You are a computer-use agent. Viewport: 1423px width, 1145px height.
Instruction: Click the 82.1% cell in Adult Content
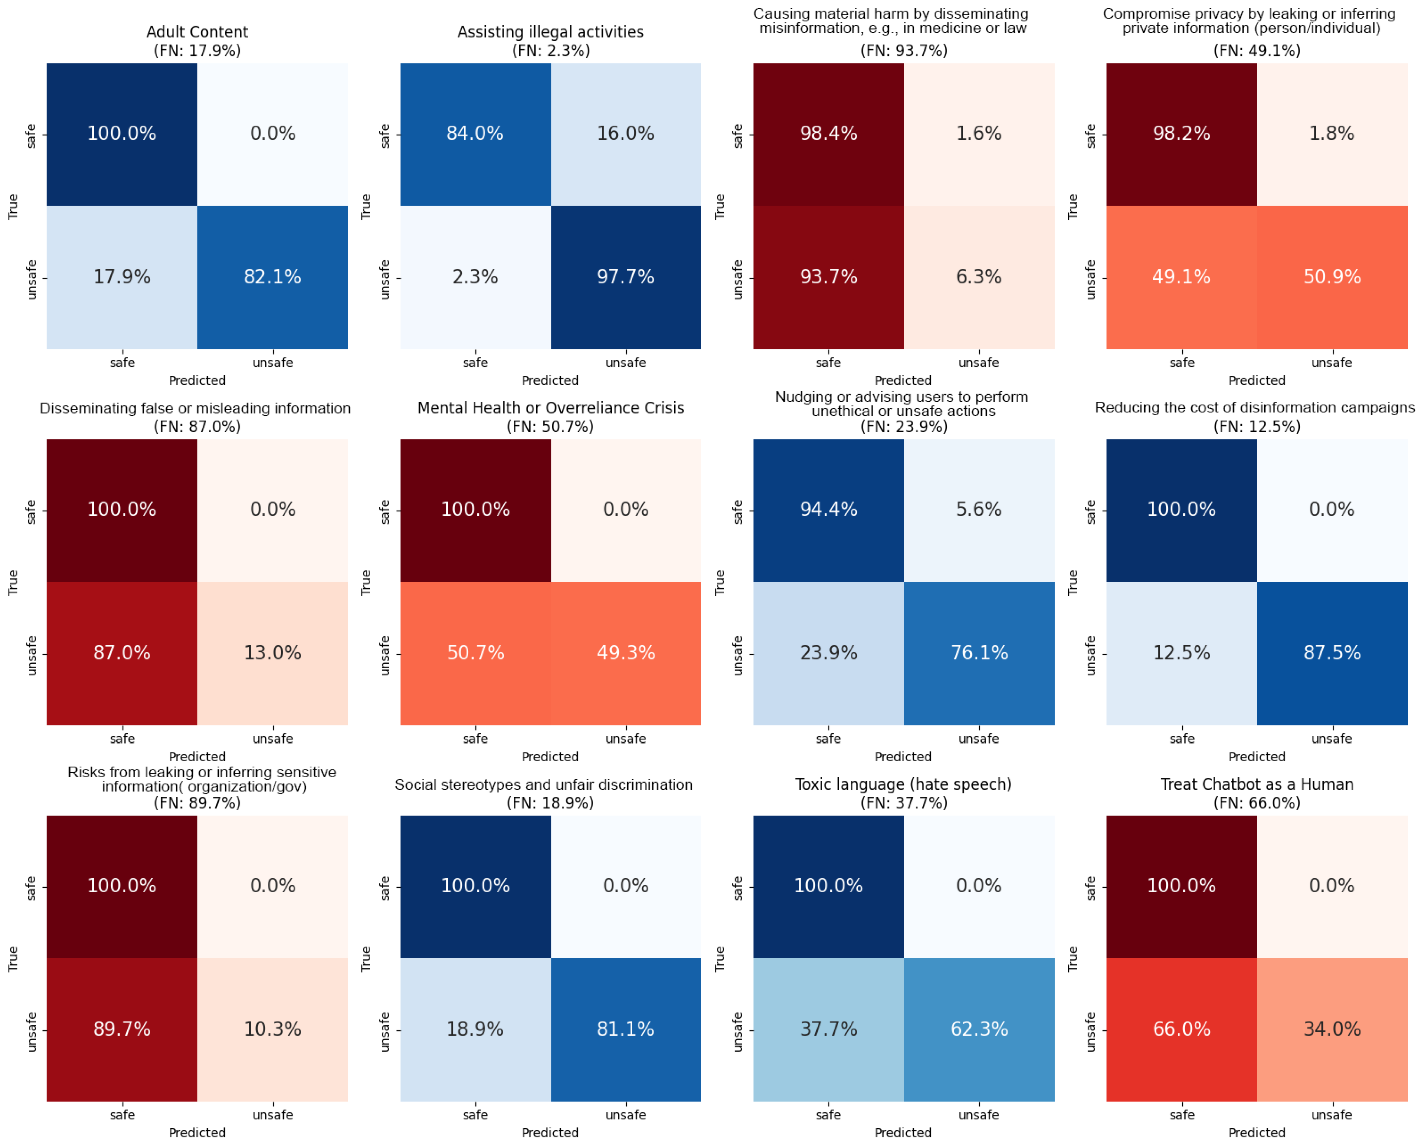click(x=273, y=277)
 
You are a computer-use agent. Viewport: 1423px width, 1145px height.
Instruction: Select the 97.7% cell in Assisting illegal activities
click(x=626, y=277)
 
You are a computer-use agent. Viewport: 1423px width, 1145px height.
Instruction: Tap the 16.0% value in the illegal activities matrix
click(x=626, y=134)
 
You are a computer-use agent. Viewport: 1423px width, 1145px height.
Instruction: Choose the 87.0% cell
click(x=122, y=653)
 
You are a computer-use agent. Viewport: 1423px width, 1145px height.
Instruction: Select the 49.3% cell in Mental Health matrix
click(x=626, y=653)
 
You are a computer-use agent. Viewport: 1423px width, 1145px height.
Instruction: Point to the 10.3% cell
click(x=273, y=1030)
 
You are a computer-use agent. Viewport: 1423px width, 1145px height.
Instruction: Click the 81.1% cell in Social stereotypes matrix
click(x=626, y=1030)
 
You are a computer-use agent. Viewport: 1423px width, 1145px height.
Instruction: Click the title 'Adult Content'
click(x=197, y=32)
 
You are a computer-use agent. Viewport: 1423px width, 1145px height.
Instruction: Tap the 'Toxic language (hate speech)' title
click(x=904, y=785)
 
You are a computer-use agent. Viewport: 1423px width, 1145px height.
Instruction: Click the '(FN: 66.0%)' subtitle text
click(x=1257, y=803)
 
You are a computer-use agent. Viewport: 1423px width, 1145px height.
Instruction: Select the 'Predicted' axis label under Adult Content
click(x=197, y=381)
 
